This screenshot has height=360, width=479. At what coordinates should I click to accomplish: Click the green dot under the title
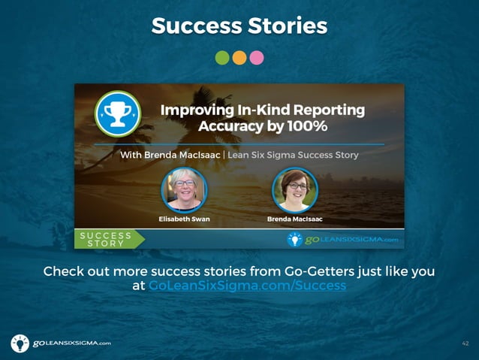[222, 57]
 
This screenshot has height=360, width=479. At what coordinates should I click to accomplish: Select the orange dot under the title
[239, 57]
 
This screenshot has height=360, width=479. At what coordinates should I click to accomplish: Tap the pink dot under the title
[257, 57]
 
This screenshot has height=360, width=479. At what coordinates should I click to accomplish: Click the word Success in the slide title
[194, 26]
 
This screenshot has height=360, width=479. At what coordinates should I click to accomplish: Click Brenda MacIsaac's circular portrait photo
[294, 188]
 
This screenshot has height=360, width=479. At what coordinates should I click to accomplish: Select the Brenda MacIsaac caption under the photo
[294, 219]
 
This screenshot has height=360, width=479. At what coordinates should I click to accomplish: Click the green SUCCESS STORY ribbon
[109, 239]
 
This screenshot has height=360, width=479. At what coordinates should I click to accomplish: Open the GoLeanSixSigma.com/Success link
[247, 286]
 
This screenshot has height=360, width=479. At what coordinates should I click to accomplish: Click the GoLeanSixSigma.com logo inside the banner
[343, 239]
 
